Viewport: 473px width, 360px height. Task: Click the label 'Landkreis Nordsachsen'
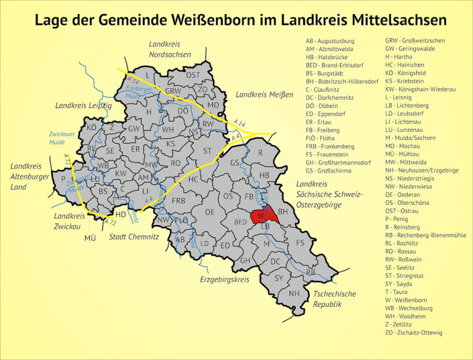(170, 49)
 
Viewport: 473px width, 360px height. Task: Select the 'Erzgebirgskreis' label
(224, 279)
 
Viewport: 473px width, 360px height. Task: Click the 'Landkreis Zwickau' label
(69, 221)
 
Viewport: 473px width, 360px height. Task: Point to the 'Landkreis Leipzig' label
(83, 105)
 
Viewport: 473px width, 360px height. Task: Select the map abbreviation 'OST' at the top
(193, 75)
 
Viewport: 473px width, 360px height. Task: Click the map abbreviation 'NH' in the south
(294, 293)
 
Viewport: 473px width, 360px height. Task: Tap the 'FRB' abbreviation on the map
(179, 201)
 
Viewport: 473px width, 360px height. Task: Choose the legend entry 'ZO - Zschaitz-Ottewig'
(413, 332)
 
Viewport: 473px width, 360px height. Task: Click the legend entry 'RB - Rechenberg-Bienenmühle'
(426, 235)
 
